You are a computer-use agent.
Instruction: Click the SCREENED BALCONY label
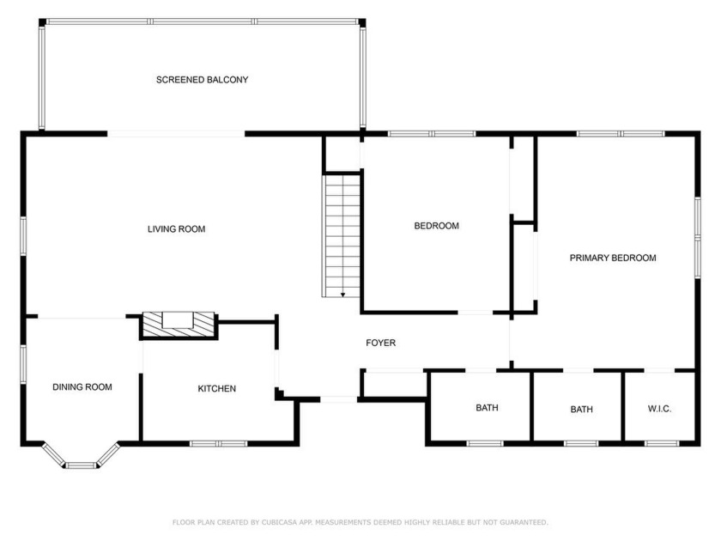(202, 80)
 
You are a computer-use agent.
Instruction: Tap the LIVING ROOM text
(176, 229)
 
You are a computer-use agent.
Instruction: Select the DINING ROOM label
(82, 387)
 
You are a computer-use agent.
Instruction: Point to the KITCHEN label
(216, 389)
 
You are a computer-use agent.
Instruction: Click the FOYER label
(381, 343)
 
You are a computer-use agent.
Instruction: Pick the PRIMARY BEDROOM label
(613, 258)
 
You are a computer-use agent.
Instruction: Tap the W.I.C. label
(659, 409)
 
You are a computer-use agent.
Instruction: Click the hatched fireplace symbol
(179, 325)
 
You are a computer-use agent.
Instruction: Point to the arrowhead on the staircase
(342, 295)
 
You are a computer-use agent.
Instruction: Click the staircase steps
(342, 235)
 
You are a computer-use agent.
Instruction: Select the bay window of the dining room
(81, 457)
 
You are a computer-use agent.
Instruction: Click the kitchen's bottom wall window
(218, 444)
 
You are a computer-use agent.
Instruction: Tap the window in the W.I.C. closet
(662, 444)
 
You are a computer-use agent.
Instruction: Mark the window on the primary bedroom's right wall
(697, 238)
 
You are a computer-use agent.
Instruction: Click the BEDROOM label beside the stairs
(436, 226)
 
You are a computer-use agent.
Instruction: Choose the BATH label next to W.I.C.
(581, 410)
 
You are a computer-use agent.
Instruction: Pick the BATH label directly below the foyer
(487, 408)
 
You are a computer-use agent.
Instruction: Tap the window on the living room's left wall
(23, 236)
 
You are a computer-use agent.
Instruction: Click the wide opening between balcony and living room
(176, 134)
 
